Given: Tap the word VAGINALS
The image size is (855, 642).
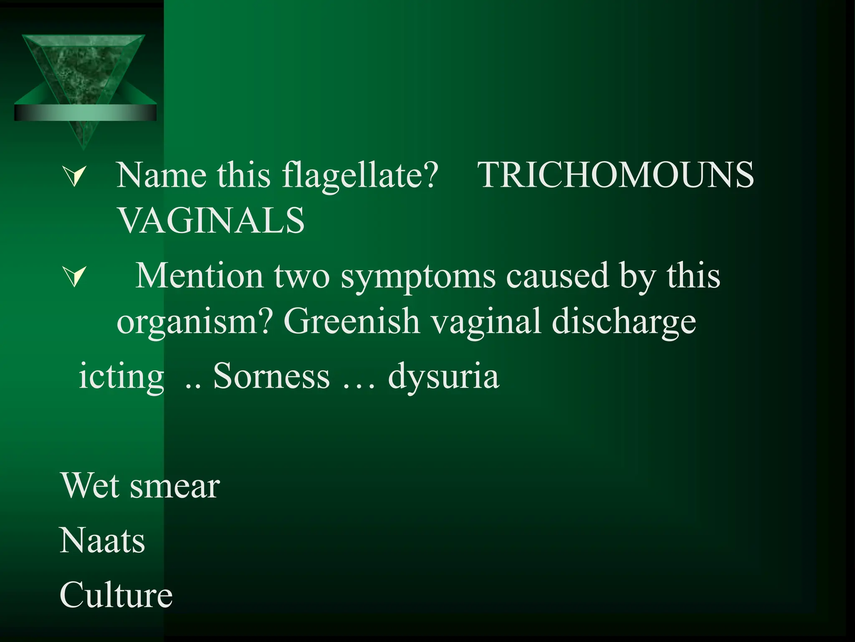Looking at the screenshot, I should point(211,220).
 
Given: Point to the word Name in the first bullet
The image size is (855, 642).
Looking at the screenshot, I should point(161,175).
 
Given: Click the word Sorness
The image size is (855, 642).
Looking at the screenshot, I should point(271,376).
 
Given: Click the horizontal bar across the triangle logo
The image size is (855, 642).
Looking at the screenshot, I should point(85,113).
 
